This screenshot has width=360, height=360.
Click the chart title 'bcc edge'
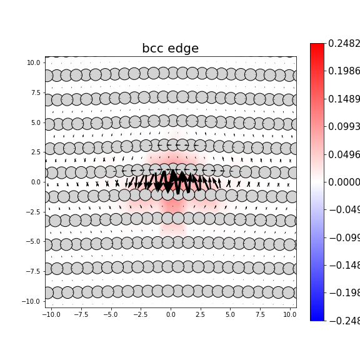[170, 49]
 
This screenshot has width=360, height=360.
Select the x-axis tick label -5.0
[110, 314]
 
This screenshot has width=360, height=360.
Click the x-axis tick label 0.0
[171, 314]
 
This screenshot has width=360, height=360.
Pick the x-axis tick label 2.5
[201, 314]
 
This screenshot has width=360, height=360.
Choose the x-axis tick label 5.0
[230, 314]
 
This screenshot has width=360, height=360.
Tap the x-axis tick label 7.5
[260, 314]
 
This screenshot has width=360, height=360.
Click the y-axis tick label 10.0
[34, 63]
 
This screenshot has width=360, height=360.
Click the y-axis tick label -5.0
[34, 242]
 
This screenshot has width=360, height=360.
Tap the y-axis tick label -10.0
[32, 301]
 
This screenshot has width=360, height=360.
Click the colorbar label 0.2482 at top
[344, 44]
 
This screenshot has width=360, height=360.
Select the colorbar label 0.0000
[344, 182]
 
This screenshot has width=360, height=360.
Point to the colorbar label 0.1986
[344, 71]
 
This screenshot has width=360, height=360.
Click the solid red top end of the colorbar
[317, 46]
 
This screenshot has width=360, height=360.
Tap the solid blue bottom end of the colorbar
[317, 318]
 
